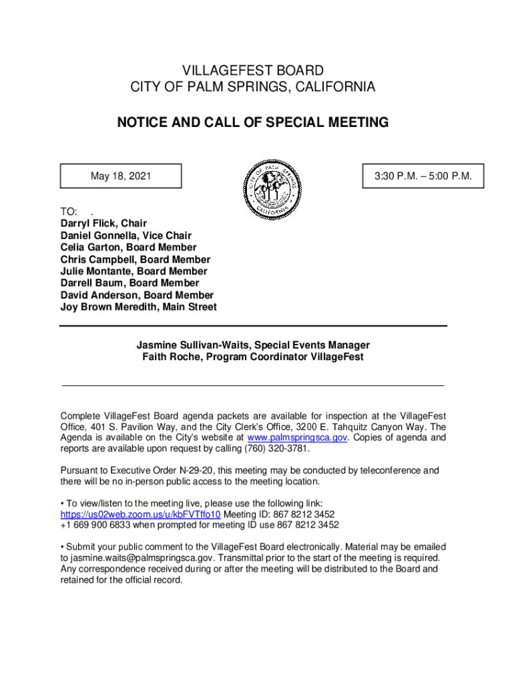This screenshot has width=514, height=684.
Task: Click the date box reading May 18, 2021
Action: point(121,176)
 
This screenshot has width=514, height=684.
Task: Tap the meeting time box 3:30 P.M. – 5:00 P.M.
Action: point(423,176)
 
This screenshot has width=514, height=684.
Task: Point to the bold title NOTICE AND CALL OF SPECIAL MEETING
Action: point(252,123)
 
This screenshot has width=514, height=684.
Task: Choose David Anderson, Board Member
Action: point(137,295)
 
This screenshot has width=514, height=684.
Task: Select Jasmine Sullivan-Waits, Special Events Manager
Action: point(253,345)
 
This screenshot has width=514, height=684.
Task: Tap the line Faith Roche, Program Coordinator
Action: point(253,357)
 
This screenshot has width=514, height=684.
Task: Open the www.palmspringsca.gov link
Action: point(297,438)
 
